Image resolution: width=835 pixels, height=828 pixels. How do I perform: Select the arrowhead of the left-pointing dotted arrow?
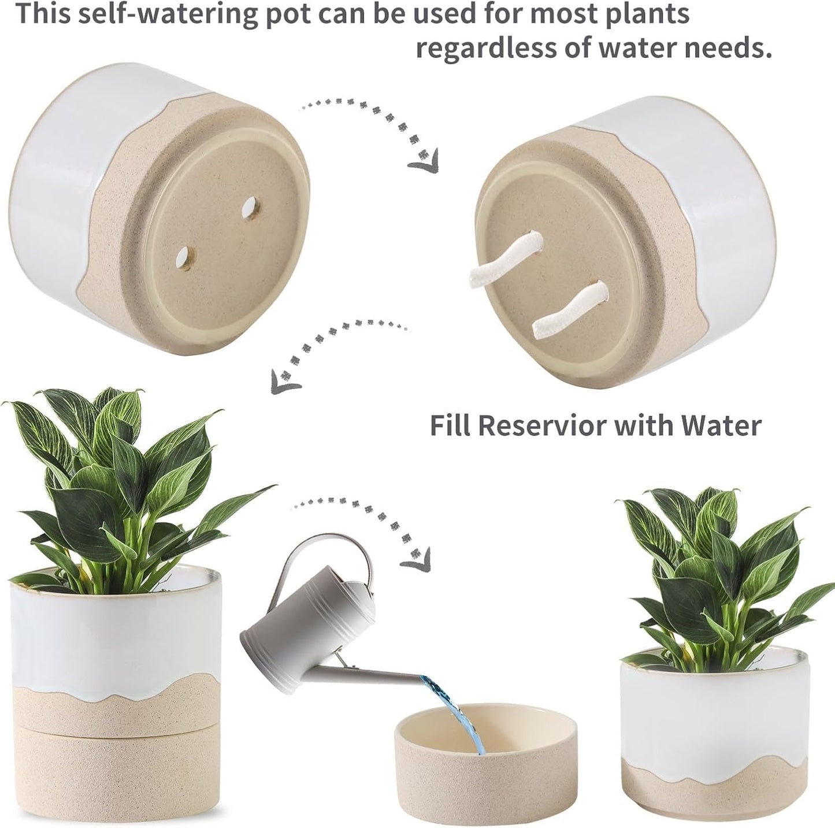click(285, 382)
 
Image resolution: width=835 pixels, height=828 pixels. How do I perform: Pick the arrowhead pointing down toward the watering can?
click(416, 560)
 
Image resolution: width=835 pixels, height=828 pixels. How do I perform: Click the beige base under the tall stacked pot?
click(116, 769)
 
